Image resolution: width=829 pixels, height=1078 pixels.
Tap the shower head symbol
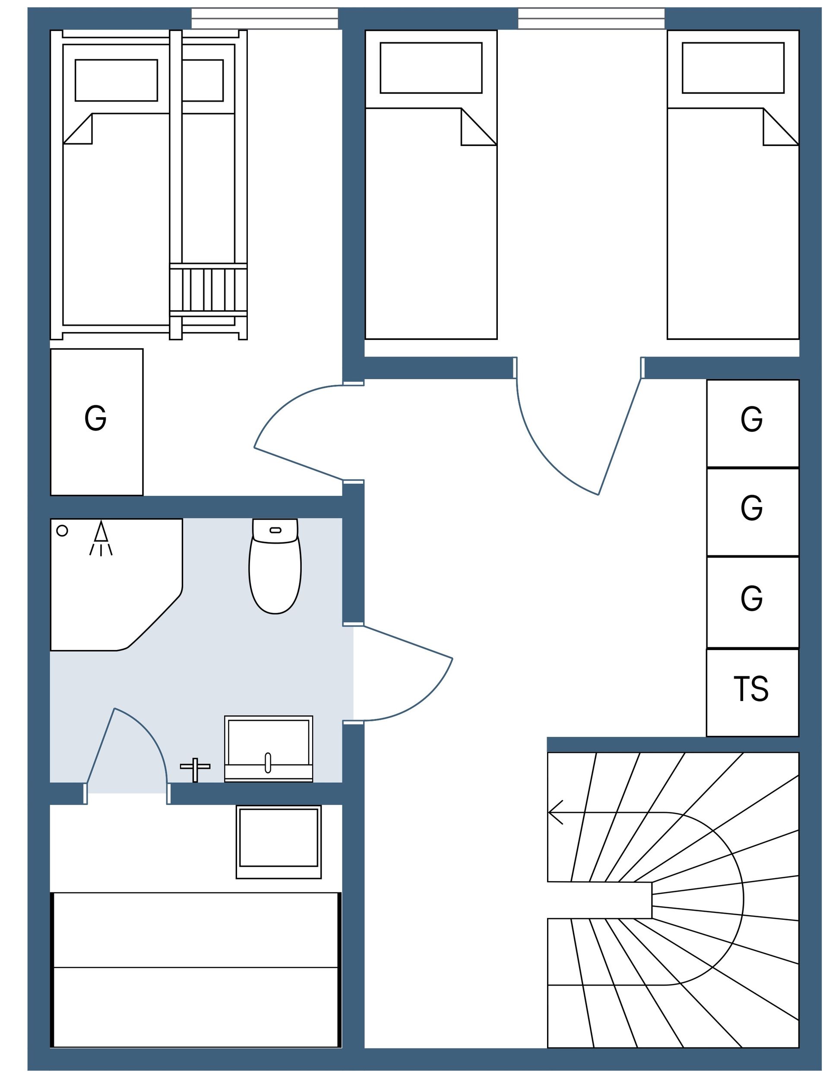point(101,538)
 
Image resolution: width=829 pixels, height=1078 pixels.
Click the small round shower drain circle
point(62,531)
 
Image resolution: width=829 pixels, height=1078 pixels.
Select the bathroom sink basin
point(269,749)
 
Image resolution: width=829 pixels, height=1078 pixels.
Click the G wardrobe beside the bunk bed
point(97,422)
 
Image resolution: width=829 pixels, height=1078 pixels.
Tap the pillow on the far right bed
point(733,68)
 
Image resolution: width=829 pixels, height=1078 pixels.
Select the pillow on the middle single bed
point(431,68)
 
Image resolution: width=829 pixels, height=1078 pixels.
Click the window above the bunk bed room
point(265,19)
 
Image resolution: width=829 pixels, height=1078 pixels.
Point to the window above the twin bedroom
point(591,19)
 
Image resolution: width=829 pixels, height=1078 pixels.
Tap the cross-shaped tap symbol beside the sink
point(195,770)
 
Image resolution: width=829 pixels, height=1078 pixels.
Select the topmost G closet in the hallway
point(753,423)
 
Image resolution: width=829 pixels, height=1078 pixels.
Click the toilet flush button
point(275,530)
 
